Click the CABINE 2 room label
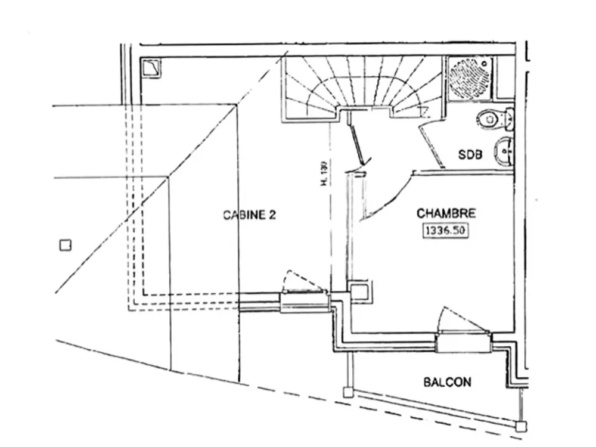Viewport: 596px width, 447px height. click(x=249, y=215)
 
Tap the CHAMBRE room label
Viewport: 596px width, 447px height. click(x=446, y=213)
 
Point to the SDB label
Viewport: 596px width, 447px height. click(x=470, y=155)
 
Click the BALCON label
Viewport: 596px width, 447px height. click(x=447, y=382)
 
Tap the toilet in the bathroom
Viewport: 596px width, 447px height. click(x=493, y=119)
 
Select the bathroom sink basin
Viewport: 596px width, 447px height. click(x=504, y=152)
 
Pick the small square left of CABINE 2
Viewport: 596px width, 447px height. click(x=66, y=244)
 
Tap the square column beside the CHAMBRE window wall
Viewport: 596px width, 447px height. click(x=360, y=291)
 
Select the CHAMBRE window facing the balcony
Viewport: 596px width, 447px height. click(x=462, y=343)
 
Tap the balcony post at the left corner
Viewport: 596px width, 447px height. click(x=347, y=392)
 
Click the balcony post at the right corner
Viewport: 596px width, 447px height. click(x=521, y=426)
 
